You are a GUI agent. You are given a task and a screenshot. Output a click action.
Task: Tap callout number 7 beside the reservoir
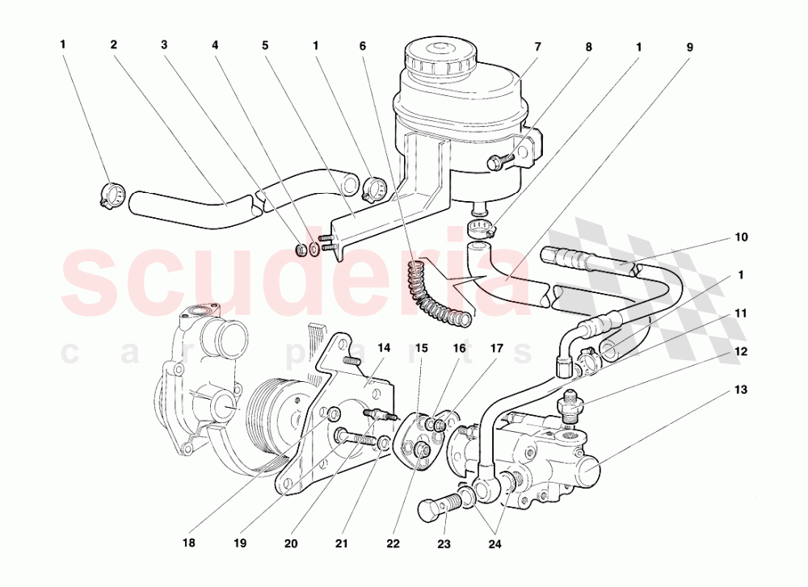537,47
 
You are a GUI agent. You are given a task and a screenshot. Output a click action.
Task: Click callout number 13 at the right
740,390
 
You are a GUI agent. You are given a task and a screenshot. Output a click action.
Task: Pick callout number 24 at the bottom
494,543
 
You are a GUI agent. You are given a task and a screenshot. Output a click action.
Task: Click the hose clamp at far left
112,195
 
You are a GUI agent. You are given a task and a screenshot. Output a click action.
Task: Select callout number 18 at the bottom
188,543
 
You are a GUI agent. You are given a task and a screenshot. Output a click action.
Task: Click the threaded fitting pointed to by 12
570,409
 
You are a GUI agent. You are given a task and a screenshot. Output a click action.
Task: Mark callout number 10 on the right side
740,237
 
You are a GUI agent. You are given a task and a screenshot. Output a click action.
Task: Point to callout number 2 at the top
113,44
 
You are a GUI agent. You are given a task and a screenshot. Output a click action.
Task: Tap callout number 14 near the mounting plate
383,347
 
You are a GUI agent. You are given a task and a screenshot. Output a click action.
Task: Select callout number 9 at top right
689,47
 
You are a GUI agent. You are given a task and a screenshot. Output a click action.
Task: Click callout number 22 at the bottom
393,543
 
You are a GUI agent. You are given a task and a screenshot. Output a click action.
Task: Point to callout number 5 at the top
265,45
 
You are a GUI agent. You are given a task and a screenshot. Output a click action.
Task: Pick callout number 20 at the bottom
291,543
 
